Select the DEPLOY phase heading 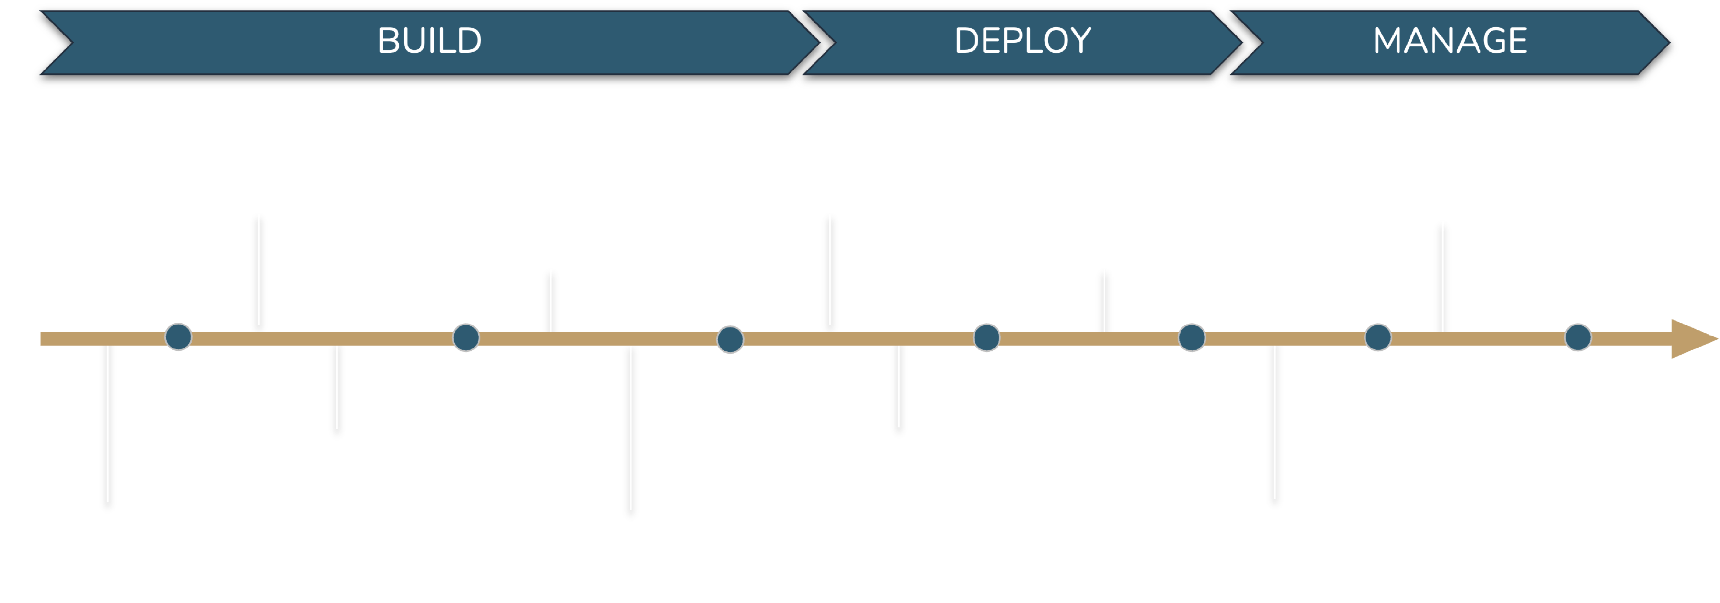[1022, 41]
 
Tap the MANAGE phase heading [1450, 41]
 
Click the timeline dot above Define [178, 337]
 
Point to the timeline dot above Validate [730, 339]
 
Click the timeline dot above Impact [1377, 337]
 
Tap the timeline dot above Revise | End [1578, 337]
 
